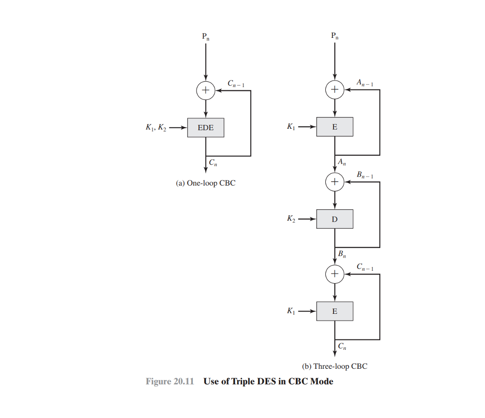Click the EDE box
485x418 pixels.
[x=206, y=127]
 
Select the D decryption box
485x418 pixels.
[x=335, y=219]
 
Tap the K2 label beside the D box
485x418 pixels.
[x=291, y=219]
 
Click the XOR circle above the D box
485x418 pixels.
[x=335, y=181]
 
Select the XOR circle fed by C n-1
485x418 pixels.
[x=335, y=274]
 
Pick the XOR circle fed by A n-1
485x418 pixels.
[x=335, y=89]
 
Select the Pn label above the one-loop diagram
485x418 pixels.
[x=206, y=36]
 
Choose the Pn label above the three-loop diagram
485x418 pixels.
[x=335, y=36]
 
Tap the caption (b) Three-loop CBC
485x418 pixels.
[x=334, y=366]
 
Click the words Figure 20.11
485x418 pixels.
[x=170, y=382]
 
